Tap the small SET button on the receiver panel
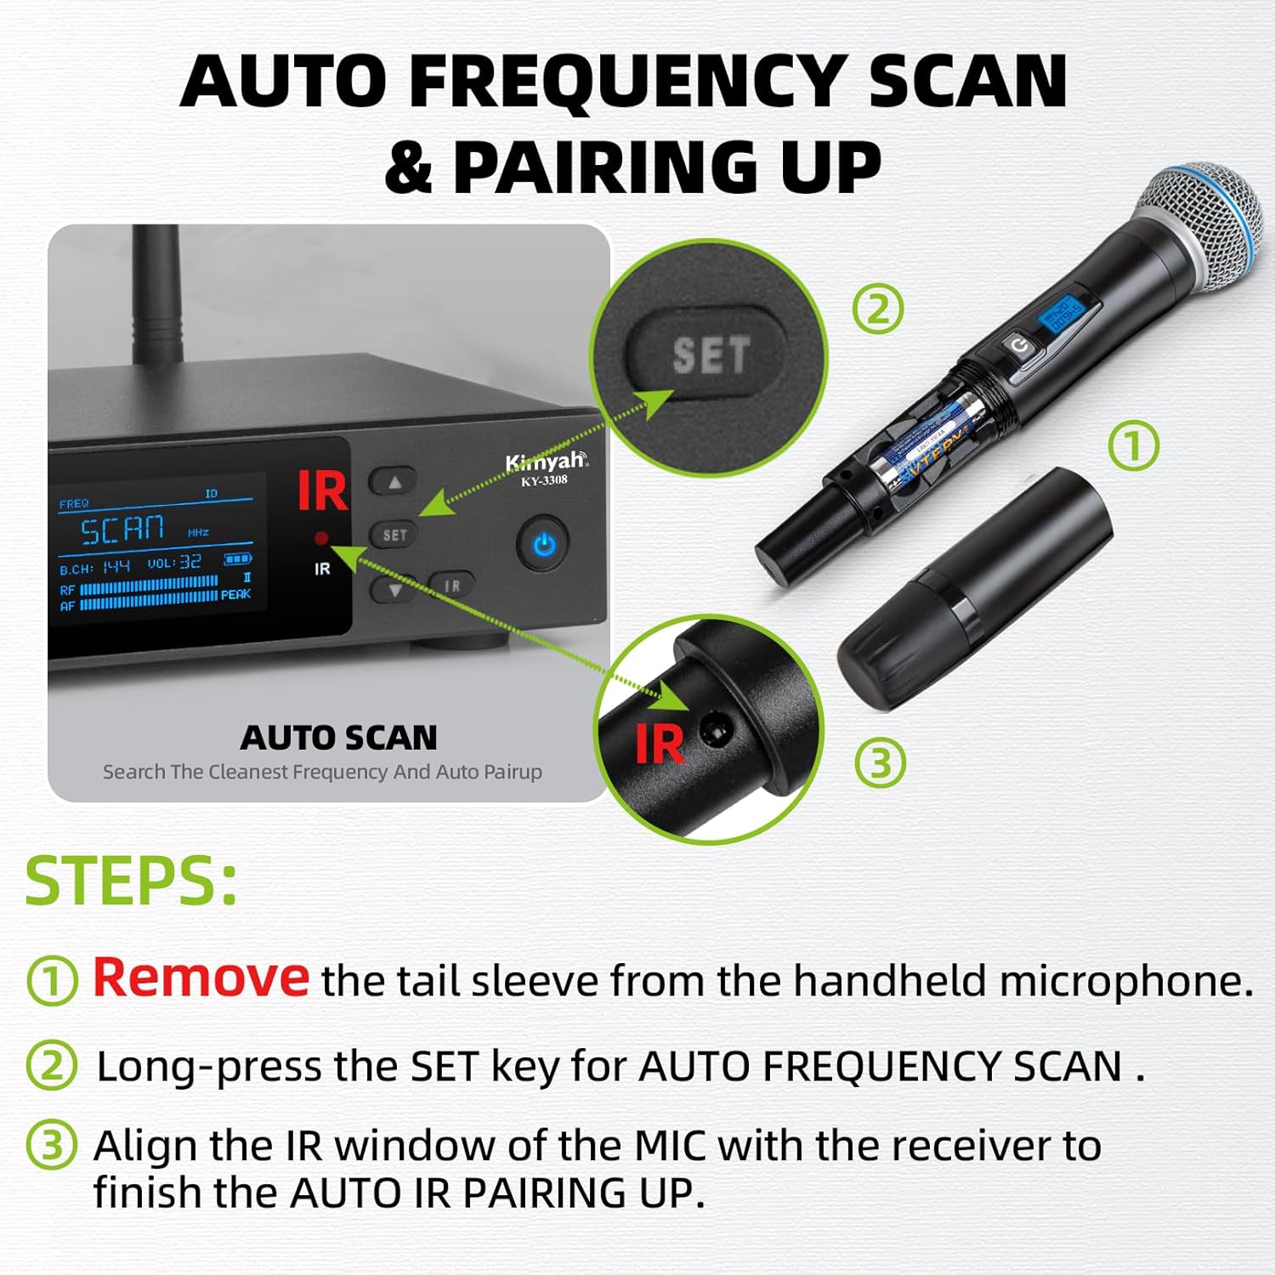[x=394, y=535]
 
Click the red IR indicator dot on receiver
[x=321, y=537]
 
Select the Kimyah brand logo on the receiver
[x=545, y=462]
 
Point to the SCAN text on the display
[x=122, y=530]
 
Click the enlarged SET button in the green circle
[x=710, y=354]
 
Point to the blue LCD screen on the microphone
[x=1062, y=315]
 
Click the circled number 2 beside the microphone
[x=877, y=309]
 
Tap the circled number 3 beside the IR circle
[x=880, y=762]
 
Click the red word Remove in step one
[x=201, y=977]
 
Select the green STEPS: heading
[x=132, y=881]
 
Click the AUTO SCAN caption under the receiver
[x=338, y=738]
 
